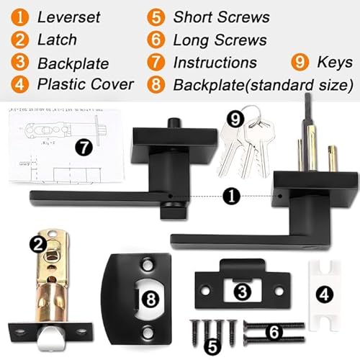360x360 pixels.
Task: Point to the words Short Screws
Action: click(220, 17)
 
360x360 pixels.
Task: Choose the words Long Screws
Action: click(220, 40)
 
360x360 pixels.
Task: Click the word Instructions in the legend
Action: click(215, 63)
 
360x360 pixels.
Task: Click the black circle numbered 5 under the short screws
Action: click(212, 346)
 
